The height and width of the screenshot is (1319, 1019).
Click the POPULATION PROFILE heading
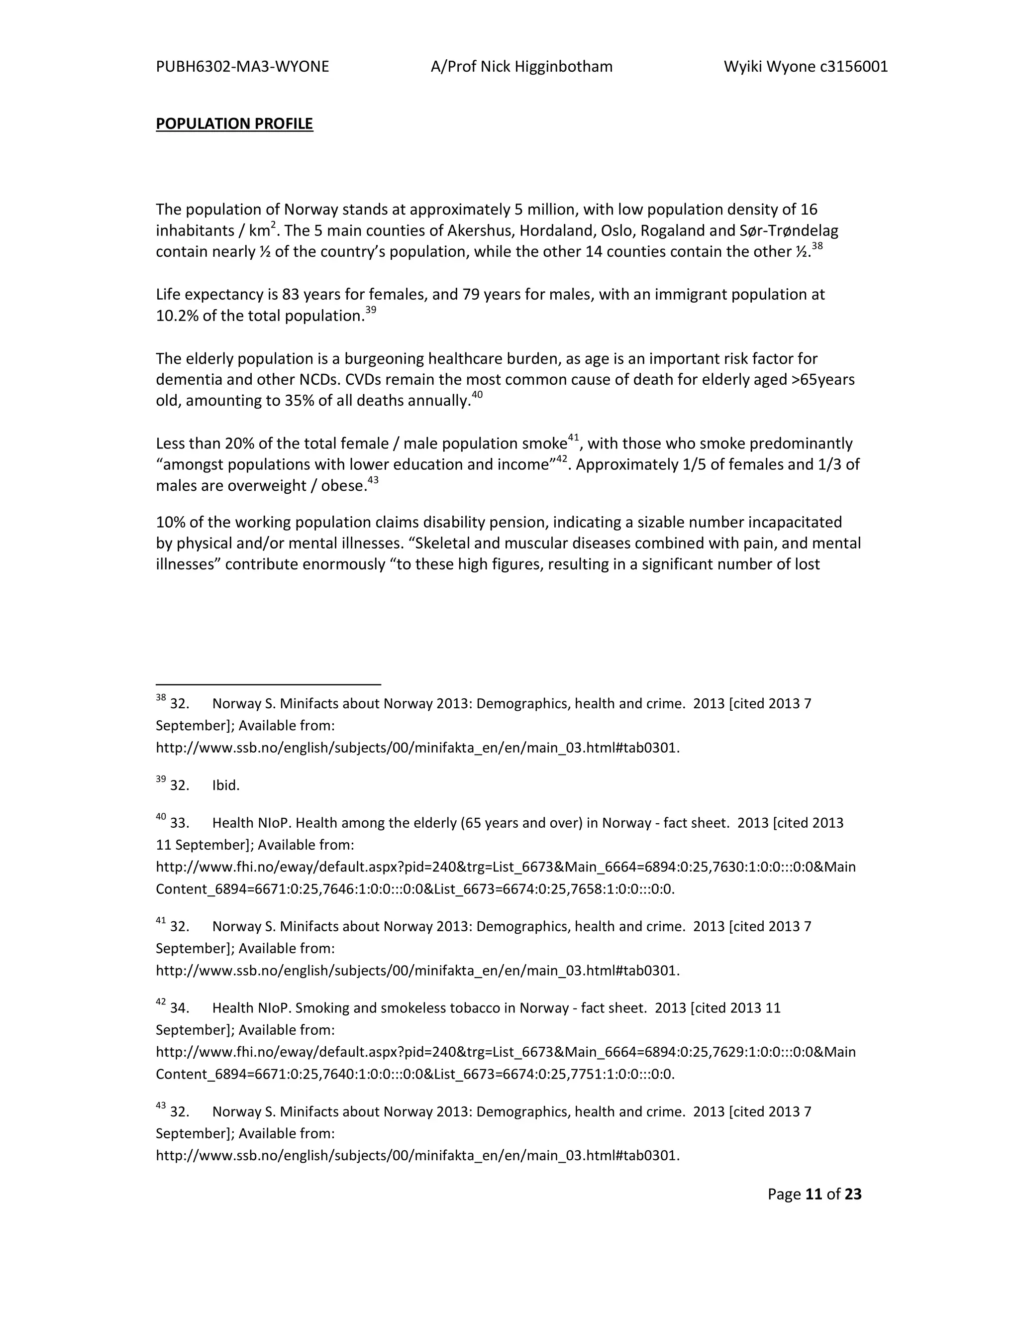[234, 124]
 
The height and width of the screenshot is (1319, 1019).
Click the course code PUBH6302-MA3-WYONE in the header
[242, 67]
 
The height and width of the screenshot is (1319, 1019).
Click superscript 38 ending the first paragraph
[817, 246]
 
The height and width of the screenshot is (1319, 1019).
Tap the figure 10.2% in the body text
[177, 316]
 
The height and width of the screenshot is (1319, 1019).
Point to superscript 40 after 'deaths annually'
[477, 395]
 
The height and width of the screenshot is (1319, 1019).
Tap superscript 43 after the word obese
[373, 480]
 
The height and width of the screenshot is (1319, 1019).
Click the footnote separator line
[268, 684]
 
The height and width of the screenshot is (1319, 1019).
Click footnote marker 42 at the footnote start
[161, 1002]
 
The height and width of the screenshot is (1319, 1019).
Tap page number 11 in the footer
[813, 1194]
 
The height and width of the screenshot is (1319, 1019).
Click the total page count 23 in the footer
[853, 1194]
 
